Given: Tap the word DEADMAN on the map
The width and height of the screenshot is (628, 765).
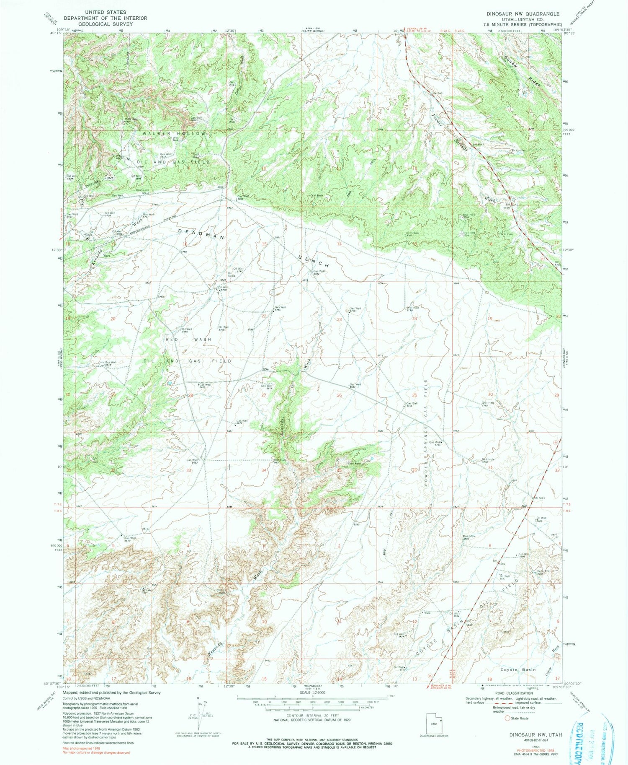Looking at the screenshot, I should (x=201, y=233).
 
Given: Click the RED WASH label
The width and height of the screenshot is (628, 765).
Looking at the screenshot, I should (x=188, y=339).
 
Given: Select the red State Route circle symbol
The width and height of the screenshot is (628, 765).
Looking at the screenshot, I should (x=507, y=718).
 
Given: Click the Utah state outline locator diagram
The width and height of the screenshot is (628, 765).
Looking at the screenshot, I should (x=433, y=723).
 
